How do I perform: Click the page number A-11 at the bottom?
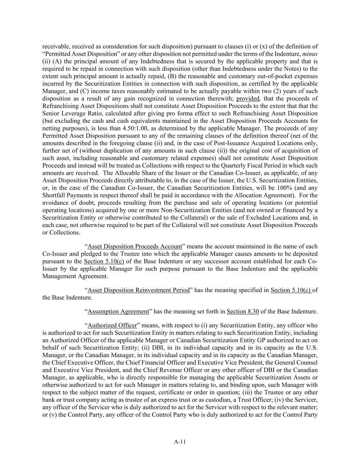(x=180, y=442)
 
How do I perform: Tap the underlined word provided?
(x=248, y=99)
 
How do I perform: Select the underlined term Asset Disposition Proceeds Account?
(x=135, y=246)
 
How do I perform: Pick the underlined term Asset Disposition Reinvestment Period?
(x=139, y=290)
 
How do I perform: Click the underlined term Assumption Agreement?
(x=118, y=311)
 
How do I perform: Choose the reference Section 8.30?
(x=243, y=311)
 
